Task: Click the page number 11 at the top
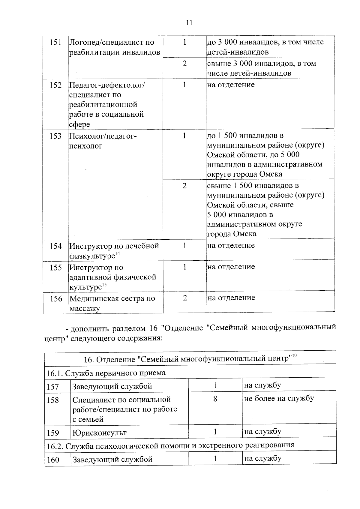coord(189,23)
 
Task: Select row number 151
coord(55,42)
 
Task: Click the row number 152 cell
coord(55,85)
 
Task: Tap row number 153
coord(55,136)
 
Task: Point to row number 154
coord(56,246)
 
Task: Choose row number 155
coord(56,268)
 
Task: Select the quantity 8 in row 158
coord(215,399)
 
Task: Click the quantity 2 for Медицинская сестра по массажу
coord(185,298)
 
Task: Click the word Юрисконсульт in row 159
coord(100,433)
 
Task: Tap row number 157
coord(53,387)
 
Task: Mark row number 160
coord(53,460)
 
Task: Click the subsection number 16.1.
coord(54,373)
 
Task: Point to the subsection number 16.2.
coord(55,446)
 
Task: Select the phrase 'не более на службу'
coord(279,398)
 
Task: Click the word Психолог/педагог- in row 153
coord(103,136)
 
